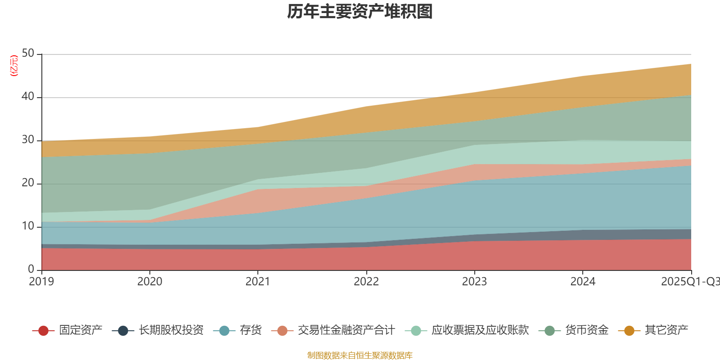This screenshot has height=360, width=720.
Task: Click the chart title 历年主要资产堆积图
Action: tap(360, 12)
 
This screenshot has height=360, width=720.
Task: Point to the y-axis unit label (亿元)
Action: tap(14, 66)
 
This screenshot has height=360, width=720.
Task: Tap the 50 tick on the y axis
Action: tap(28, 54)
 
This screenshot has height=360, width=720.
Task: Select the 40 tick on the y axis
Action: tap(28, 97)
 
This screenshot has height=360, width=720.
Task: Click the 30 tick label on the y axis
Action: tap(28, 140)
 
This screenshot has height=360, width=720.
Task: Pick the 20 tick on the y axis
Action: tap(28, 183)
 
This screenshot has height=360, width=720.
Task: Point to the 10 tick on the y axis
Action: tap(28, 226)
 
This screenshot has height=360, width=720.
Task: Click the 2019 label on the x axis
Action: tap(41, 282)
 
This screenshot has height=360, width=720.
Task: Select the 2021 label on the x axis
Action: tap(257, 282)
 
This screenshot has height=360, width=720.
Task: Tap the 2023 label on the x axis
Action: tap(474, 282)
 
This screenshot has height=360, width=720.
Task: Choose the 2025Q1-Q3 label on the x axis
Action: tap(689, 282)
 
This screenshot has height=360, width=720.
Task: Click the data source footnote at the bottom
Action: tap(360, 355)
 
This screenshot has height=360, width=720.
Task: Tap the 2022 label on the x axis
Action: tap(366, 282)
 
